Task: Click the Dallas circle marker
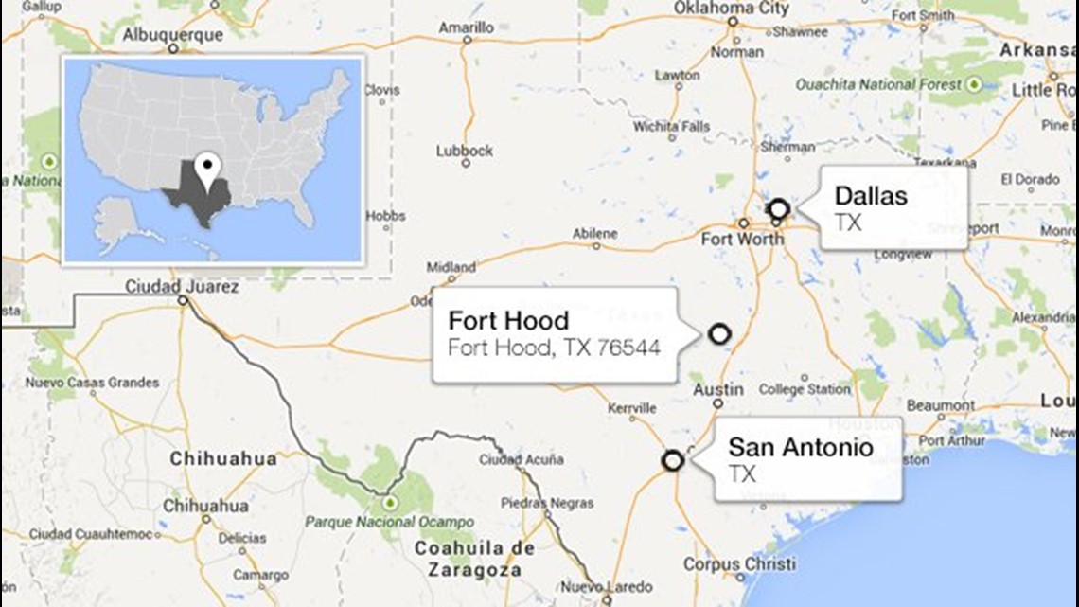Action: tap(778, 209)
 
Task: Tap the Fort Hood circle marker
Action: tap(719, 333)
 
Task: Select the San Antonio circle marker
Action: tap(673, 461)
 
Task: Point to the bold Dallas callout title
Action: tap(870, 197)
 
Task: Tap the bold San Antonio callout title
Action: tap(800, 448)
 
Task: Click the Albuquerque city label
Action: tap(174, 35)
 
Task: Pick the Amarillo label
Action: tap(468, 28)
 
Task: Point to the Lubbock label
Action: tap(465, 151)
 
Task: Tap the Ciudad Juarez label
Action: tap(182, 285)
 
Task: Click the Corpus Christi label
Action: tap(739, 564)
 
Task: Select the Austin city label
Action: tap(717, 390)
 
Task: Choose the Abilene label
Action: tap(594, 233)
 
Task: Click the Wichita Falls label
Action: tap(671, 126)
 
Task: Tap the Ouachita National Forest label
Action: tap(877, 84)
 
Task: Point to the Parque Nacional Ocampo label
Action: tap(389, 522)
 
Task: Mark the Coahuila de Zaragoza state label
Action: tap(473, 559)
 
